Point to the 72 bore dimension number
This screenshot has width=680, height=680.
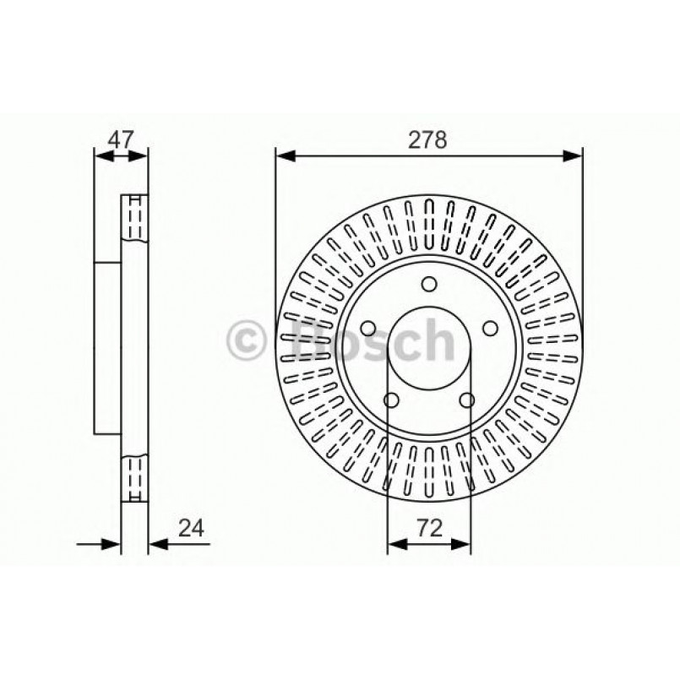(x=429, y=529)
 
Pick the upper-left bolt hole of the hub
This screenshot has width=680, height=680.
(x=367, y=329)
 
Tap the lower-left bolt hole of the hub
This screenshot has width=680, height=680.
(x=390, y=400)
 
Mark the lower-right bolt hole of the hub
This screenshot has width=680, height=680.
(x=467, y=400)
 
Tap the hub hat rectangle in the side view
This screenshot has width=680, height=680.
(x=108, y=346)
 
